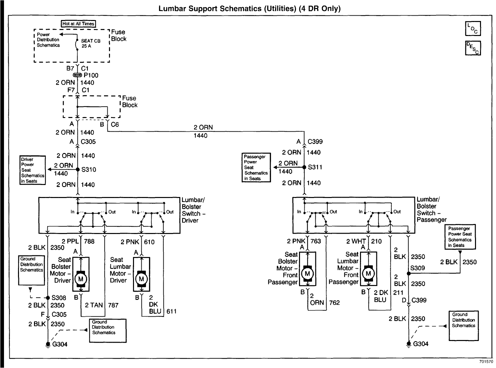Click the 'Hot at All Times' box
78,24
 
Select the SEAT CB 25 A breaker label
90,43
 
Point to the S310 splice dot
78,169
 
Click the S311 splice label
315,167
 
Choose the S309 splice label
417,268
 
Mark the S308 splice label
59,298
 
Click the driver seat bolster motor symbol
80,278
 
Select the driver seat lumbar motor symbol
141,278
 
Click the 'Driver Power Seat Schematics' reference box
33,170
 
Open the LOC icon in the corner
473,29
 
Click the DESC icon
473,48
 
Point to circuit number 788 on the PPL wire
89,242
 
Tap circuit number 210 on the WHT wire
376,241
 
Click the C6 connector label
115,125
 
